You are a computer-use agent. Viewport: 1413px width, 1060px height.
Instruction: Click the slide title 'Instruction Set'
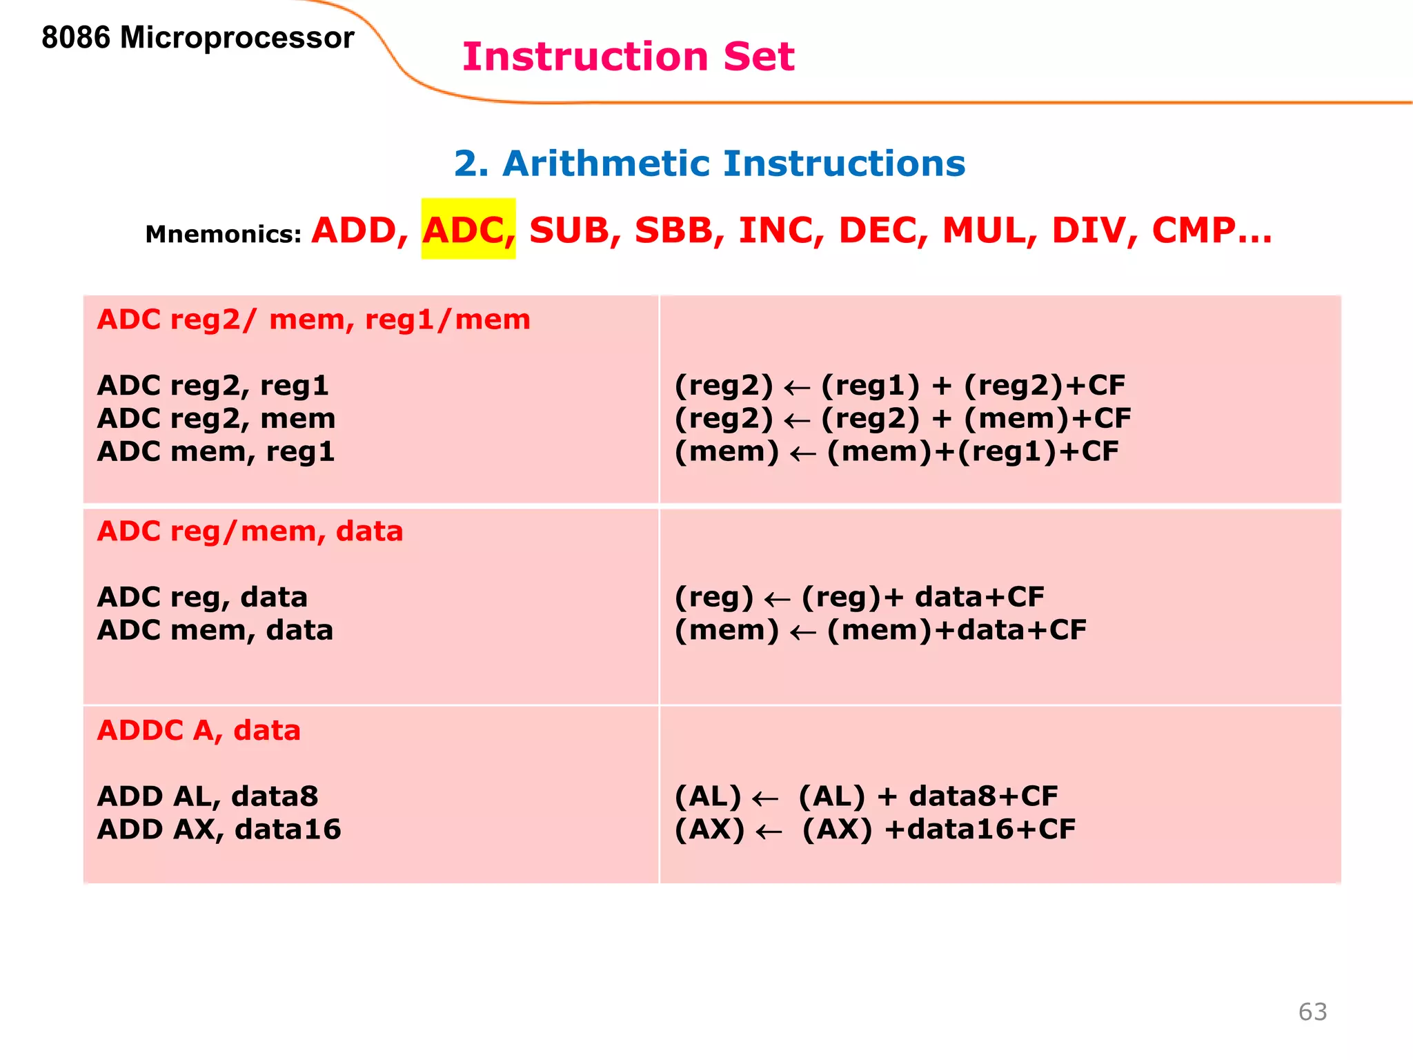[x=628, y=57]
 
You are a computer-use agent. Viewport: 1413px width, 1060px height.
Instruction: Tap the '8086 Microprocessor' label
[x=197, y=37]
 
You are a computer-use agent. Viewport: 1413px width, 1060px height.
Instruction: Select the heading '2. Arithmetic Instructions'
[x=709, y=164]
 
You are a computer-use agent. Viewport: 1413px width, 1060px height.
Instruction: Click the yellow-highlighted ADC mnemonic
[x=468, y=230]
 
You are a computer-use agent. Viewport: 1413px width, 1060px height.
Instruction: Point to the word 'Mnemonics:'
[x=223, y=235]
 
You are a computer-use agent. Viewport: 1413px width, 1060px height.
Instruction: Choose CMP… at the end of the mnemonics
[x=1212, y=230]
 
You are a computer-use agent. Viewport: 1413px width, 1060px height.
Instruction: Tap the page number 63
[x=1312, y=1012]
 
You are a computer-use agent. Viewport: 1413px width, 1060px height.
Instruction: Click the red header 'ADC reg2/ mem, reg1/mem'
[x=314, y=320]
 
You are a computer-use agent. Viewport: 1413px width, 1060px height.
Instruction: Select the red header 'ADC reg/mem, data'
[x=250, y=531]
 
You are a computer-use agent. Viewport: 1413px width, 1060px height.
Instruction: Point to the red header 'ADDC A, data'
[x=199, y=730]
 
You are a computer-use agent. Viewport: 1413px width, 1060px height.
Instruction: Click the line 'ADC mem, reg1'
[x=216, y=452]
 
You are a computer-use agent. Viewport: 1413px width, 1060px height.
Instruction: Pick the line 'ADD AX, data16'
[x=219, y=830]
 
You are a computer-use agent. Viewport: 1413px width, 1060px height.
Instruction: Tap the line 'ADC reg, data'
[x=202, y=597]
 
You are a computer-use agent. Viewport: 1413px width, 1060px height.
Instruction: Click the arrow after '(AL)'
[x=764, y=799]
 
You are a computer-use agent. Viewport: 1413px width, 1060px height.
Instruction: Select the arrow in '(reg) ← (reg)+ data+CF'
[x=777, y=599]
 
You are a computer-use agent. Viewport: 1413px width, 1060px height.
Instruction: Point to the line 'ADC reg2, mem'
[x=216, y=419]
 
